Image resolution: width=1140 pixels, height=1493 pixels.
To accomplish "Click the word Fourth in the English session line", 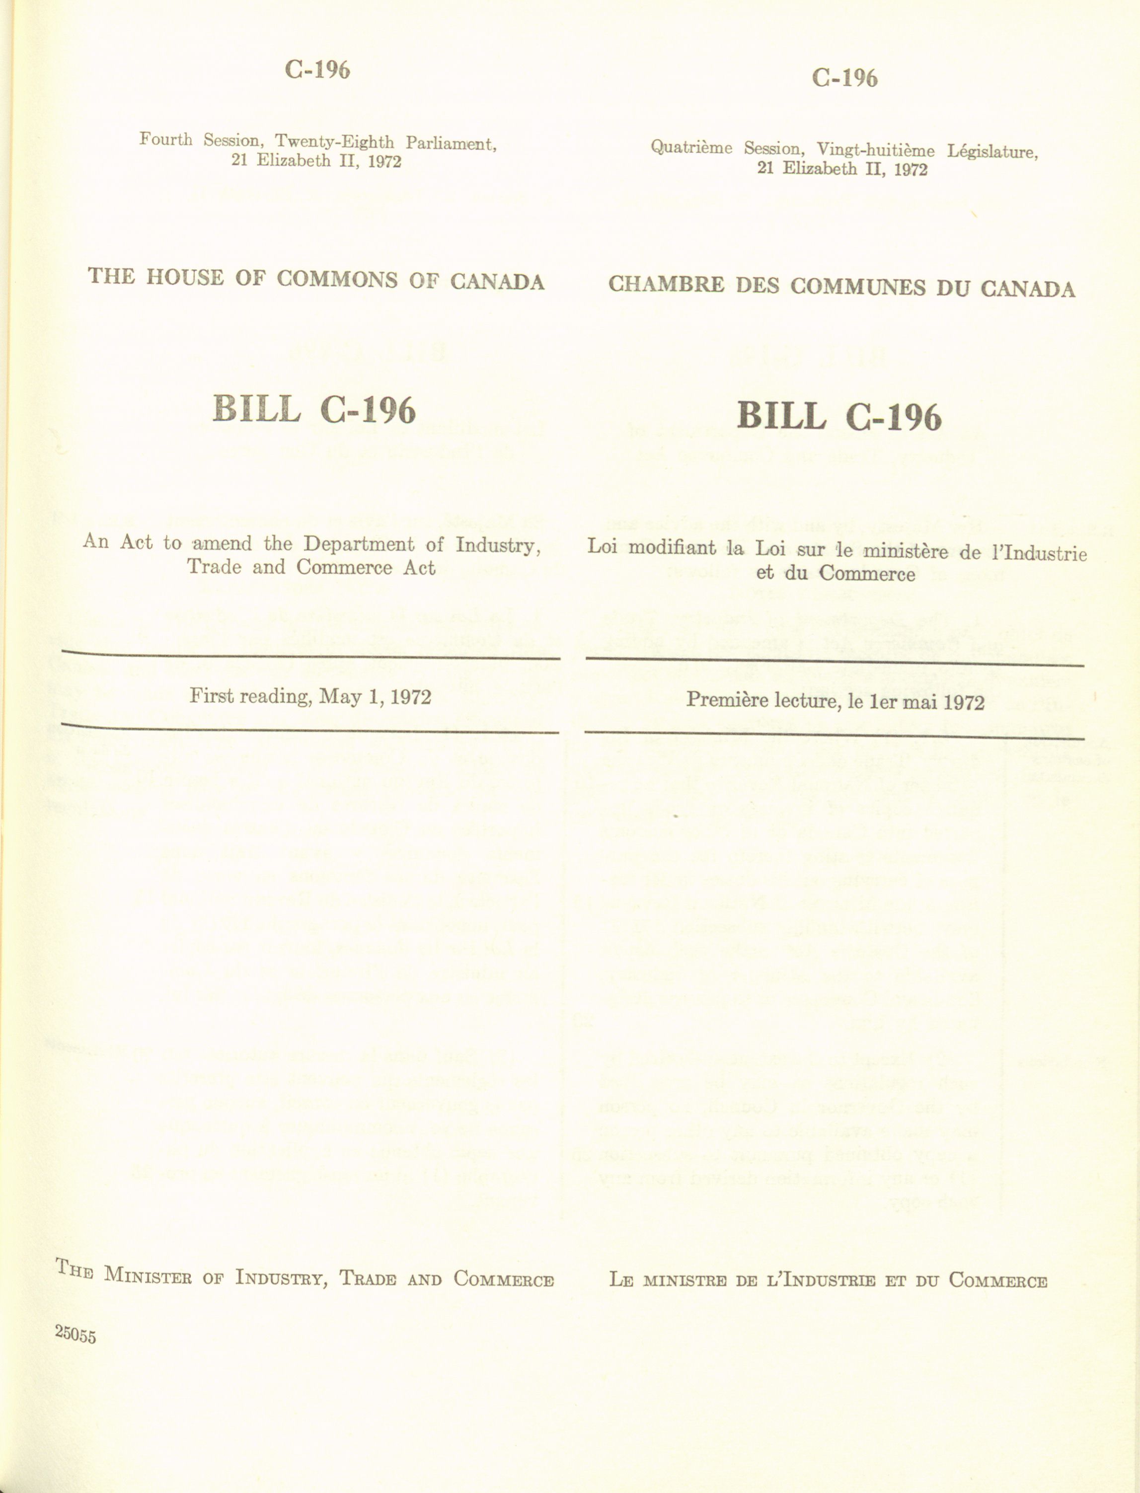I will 165,139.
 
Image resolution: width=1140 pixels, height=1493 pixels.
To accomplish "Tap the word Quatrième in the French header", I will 691,147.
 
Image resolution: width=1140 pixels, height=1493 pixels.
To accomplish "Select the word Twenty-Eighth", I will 334,142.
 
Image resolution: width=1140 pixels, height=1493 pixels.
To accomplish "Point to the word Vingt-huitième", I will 875,150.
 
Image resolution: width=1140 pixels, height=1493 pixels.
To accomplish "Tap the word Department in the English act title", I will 359,544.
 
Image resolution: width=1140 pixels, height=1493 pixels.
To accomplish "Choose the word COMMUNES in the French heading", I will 858,287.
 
